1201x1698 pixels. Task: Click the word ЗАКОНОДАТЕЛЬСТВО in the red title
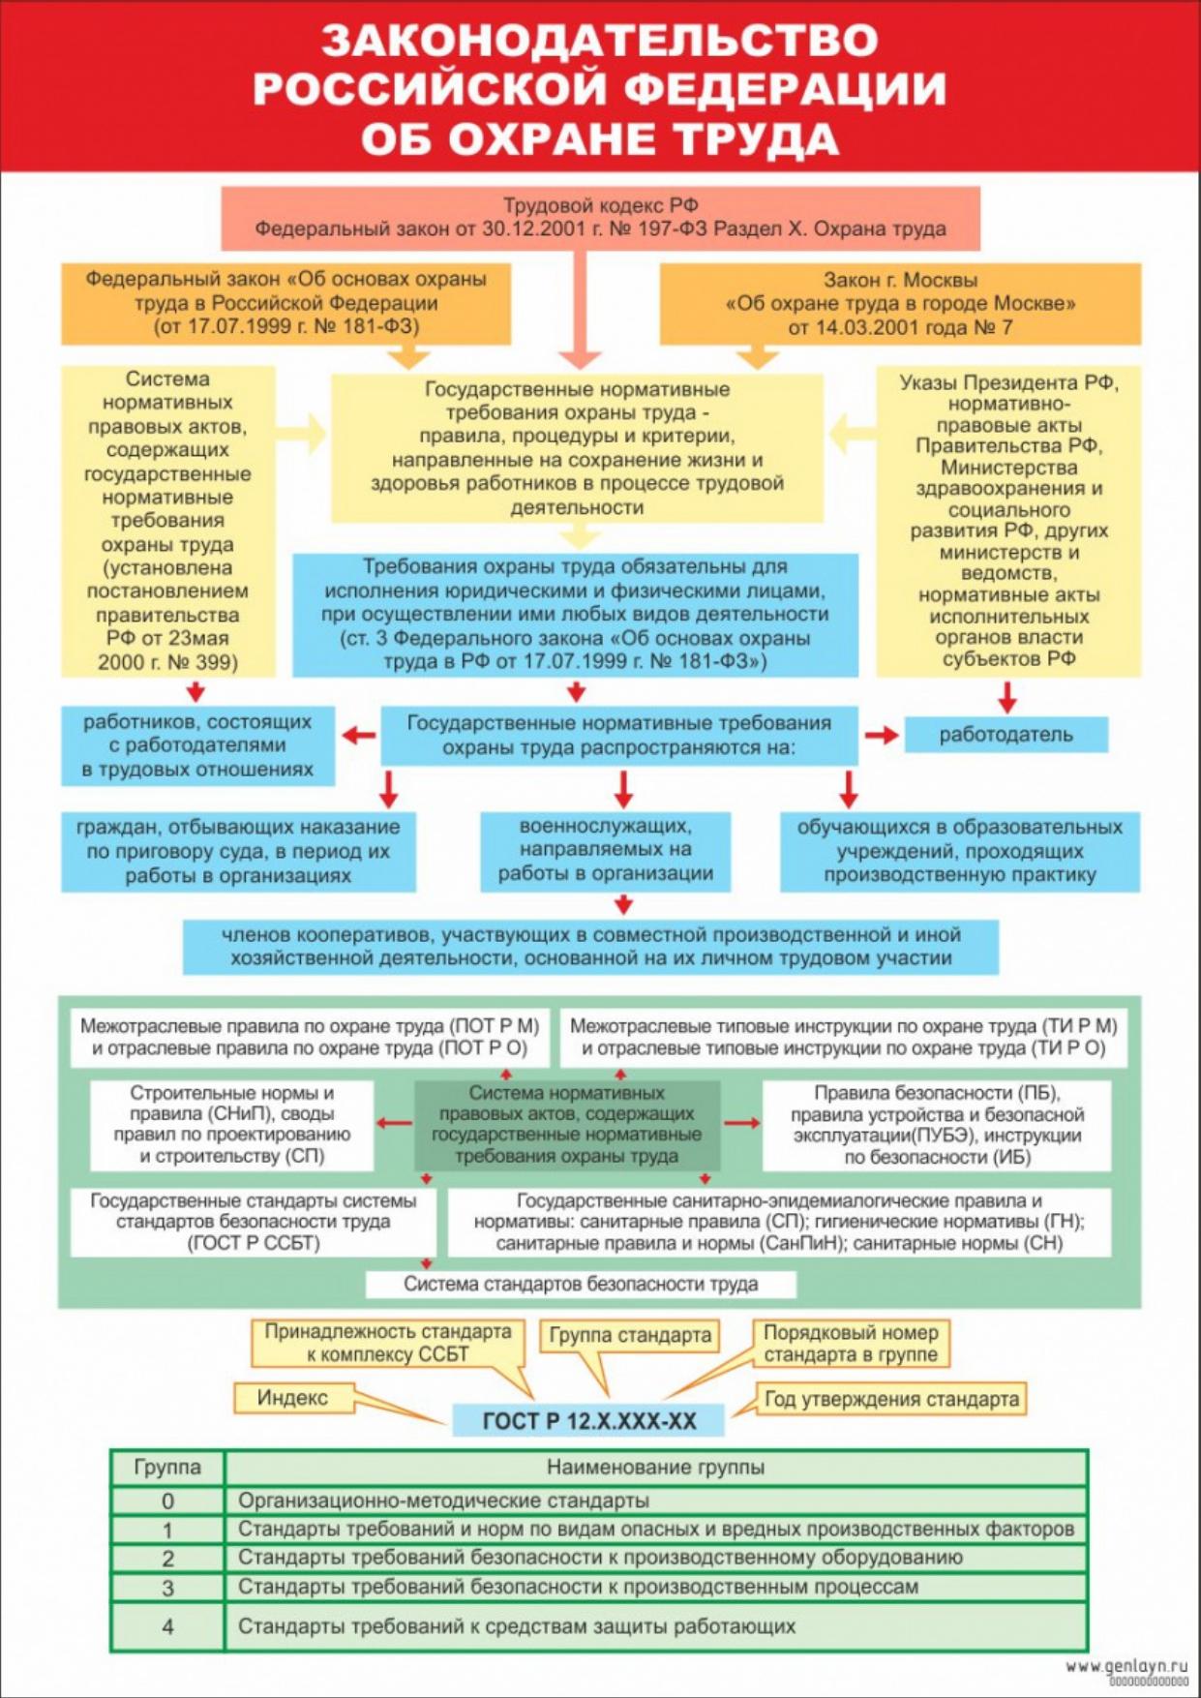600,41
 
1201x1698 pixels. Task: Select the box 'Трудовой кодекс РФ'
600,218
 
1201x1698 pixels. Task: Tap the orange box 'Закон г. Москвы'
900,304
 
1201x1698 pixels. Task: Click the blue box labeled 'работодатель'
1006,735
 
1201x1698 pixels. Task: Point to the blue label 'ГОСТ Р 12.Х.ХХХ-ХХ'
588,1420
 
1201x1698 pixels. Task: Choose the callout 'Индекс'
292,1397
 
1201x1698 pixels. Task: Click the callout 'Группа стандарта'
630,1336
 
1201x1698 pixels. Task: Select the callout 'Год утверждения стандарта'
891,1399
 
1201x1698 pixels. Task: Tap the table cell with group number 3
167,1588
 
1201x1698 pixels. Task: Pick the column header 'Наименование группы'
655,1468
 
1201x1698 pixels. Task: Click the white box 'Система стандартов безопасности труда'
581,1285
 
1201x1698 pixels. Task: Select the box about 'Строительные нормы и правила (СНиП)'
232,1124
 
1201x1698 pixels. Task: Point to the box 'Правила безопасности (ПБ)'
937,1125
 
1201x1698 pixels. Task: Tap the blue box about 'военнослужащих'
606,850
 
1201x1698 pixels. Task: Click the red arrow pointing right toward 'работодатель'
881,736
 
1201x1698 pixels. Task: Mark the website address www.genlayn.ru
1126,1666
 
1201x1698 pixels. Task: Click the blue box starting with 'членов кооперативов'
590,946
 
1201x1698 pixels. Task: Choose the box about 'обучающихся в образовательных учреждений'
959,851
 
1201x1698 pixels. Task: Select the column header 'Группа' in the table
167,1468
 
